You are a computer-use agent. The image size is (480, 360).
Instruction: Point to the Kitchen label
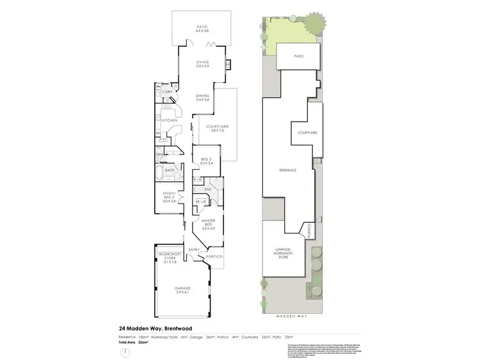(x=169, y=120)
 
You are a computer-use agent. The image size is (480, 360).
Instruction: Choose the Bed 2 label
(x=205, y=160)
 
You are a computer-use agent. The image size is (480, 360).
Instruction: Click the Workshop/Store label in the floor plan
(x=170, y=258)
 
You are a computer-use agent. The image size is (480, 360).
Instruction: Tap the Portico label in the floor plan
(x=215, y=257)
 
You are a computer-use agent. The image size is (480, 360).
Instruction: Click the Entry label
(x=194, y=250)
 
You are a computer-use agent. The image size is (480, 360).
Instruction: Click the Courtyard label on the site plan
(x=308, y=133)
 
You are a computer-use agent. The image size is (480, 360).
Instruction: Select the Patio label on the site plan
(x=298, y=56)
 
